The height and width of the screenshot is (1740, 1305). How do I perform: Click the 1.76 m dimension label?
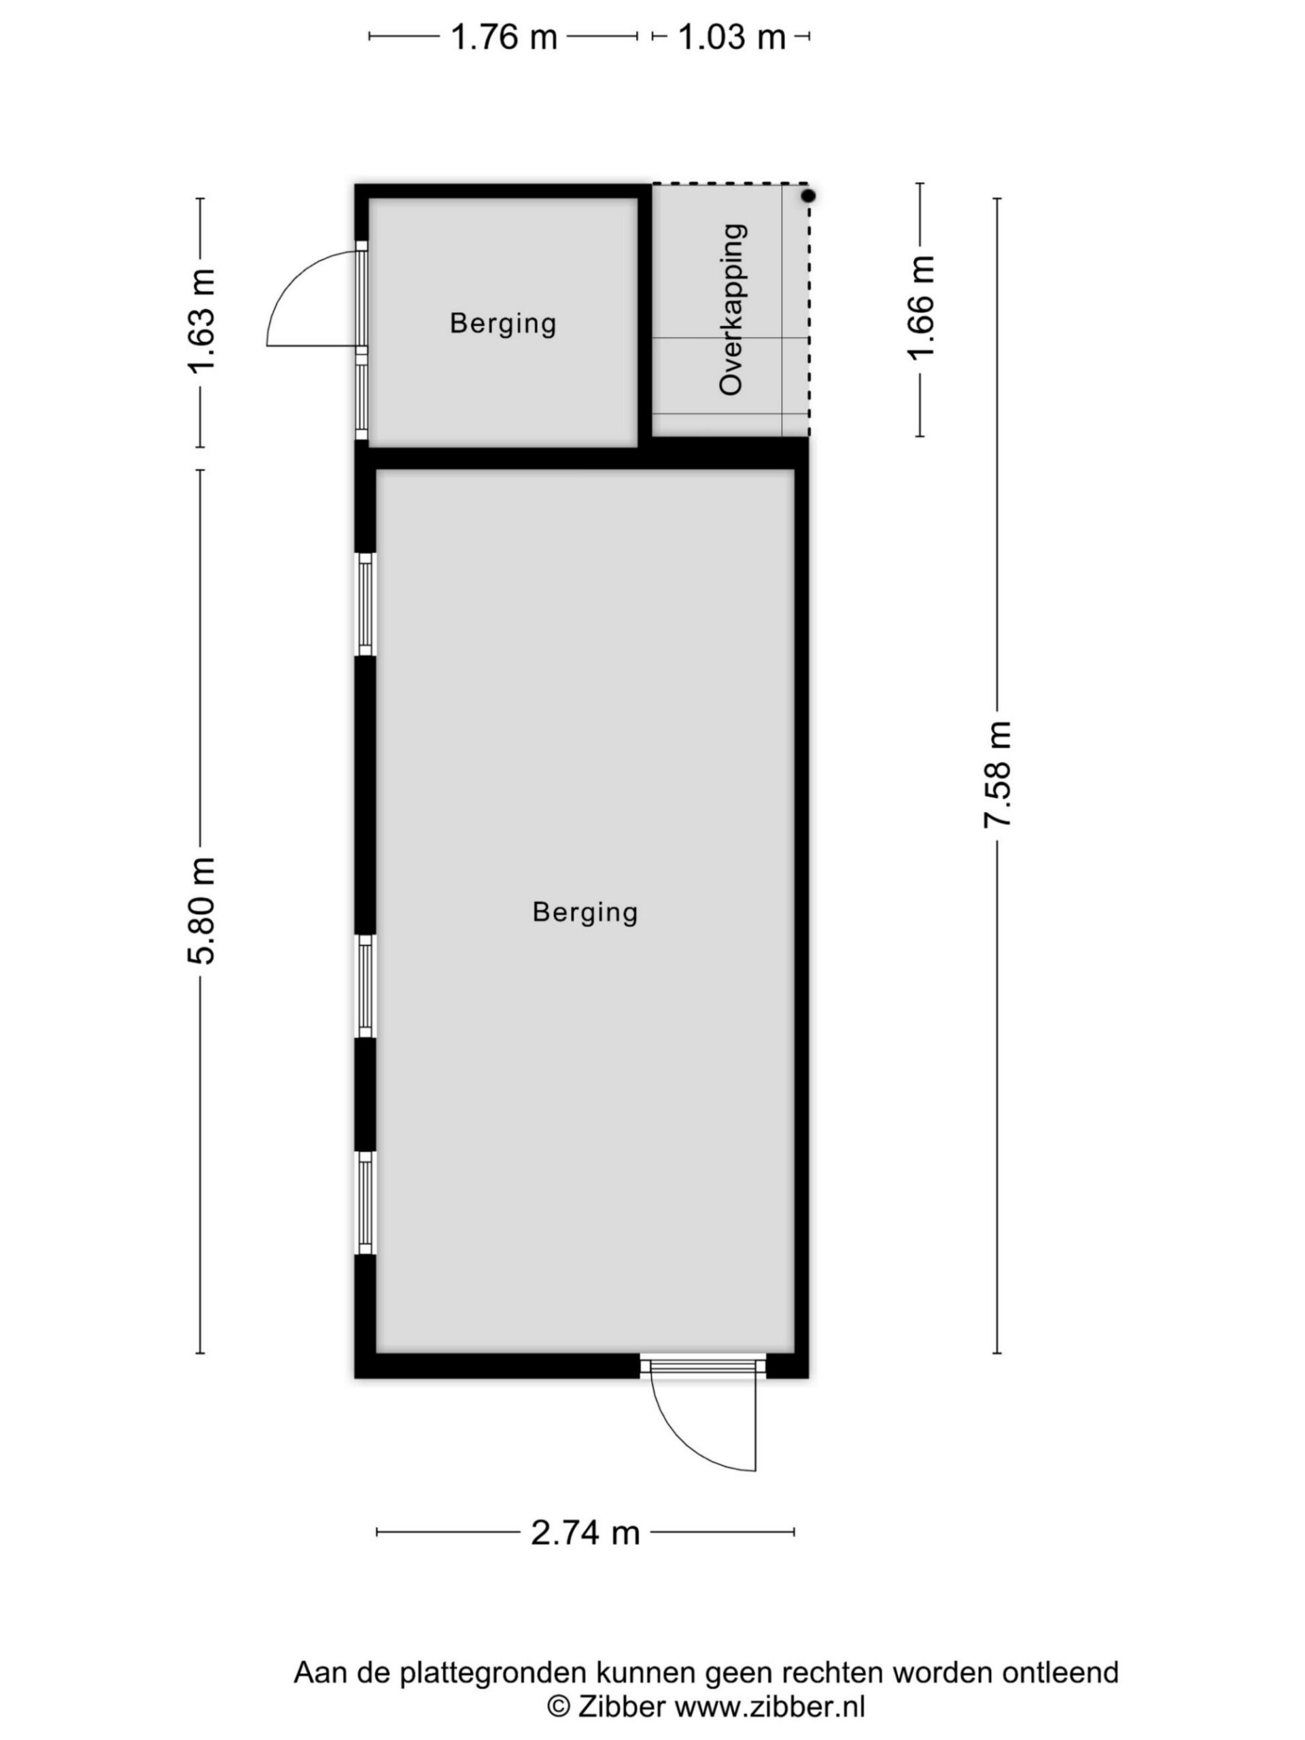[504, 37]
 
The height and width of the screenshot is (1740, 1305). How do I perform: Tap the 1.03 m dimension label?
[731, 37]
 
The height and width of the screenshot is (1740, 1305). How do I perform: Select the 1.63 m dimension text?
[201, 321]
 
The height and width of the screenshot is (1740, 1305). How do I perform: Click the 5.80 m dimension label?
[201, 911]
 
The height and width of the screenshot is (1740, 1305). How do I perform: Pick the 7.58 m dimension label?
[997, 775]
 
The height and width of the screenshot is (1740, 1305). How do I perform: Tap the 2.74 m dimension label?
[585, 1532]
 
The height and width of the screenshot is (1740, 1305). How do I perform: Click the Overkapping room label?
[731, 309]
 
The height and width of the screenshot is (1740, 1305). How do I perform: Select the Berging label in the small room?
[503, 324]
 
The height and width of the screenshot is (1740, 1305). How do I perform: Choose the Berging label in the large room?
[585, 912]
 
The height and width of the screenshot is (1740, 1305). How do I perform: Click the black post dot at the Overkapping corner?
[808, 195]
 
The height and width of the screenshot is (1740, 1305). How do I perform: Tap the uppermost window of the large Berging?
[365, 604]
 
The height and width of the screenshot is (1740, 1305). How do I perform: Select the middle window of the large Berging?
[365, 986]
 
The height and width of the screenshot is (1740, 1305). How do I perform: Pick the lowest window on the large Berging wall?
[365, 1203]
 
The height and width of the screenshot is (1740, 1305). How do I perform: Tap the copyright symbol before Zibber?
[559, 1706]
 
